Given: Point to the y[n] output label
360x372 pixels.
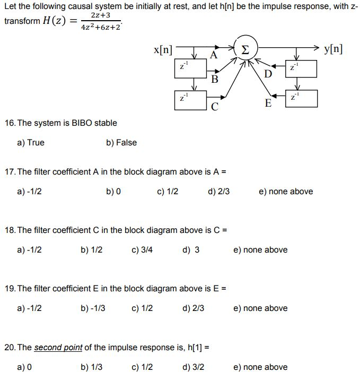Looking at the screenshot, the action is click(332, 50).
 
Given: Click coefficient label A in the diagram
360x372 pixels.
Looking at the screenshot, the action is click(213, 55).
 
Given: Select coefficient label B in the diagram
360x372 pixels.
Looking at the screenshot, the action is click(214, 80).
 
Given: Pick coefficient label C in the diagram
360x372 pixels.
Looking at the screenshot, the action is click(214, 106).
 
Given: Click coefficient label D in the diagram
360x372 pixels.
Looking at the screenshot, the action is click(268, 73).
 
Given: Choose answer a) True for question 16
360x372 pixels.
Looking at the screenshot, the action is click(31, 143).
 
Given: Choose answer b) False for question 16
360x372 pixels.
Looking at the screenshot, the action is click(121, 143).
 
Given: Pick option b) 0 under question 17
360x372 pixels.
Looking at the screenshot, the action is click(113, 191).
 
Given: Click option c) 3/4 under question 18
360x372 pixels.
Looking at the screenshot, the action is click(142, 249).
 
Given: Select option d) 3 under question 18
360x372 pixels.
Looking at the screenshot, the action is click(191, 249).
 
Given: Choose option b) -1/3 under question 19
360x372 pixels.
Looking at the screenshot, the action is click(93, 308).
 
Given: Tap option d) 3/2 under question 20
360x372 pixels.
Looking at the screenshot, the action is click(193, 367).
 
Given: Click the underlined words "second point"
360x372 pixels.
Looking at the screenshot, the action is click(58, 348).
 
